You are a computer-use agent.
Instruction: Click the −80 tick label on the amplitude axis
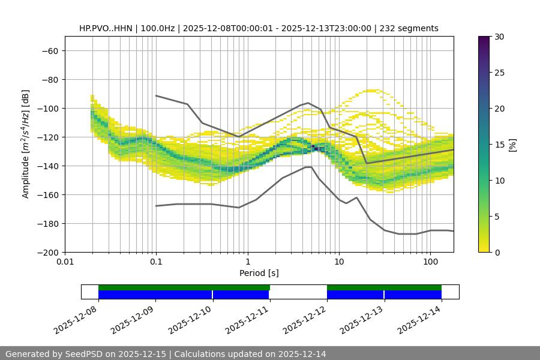(49, 79)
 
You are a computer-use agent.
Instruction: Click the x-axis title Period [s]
(259, 273)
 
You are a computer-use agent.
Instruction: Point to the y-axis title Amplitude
(26, 144)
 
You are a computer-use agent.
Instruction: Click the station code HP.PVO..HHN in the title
(107, 28)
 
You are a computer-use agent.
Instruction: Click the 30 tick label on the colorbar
(499, 37)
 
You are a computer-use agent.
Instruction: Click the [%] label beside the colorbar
(512, 144)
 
